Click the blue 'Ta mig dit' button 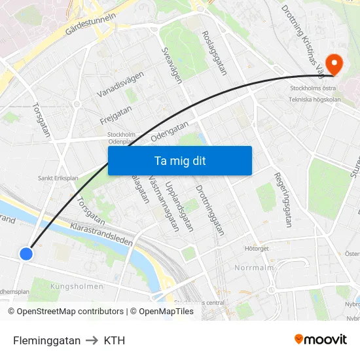[179, 160]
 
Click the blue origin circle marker [26, 253]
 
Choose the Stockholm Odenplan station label [121, 137]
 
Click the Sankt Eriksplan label [58, 177]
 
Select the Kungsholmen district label [77, 286]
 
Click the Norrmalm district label [253, 268]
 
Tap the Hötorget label [257, 249]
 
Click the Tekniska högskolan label [315, 100]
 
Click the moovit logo [321, 339]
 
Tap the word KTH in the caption [114, 340]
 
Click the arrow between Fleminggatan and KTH [92, 340]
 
